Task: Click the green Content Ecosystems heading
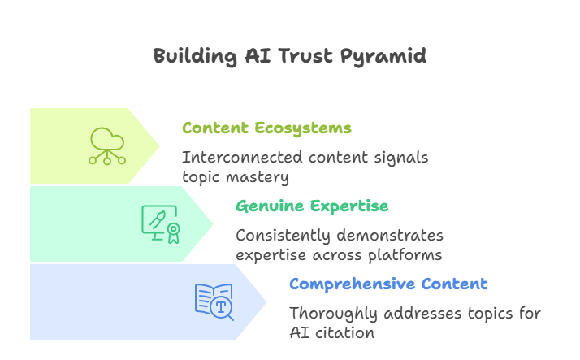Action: tap(266, 128)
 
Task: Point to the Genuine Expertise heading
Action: tap(312, 206)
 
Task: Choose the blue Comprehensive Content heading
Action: tap(388, 284)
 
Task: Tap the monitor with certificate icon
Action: tap(161, 223)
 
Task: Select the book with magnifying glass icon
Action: tap(214, 301)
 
